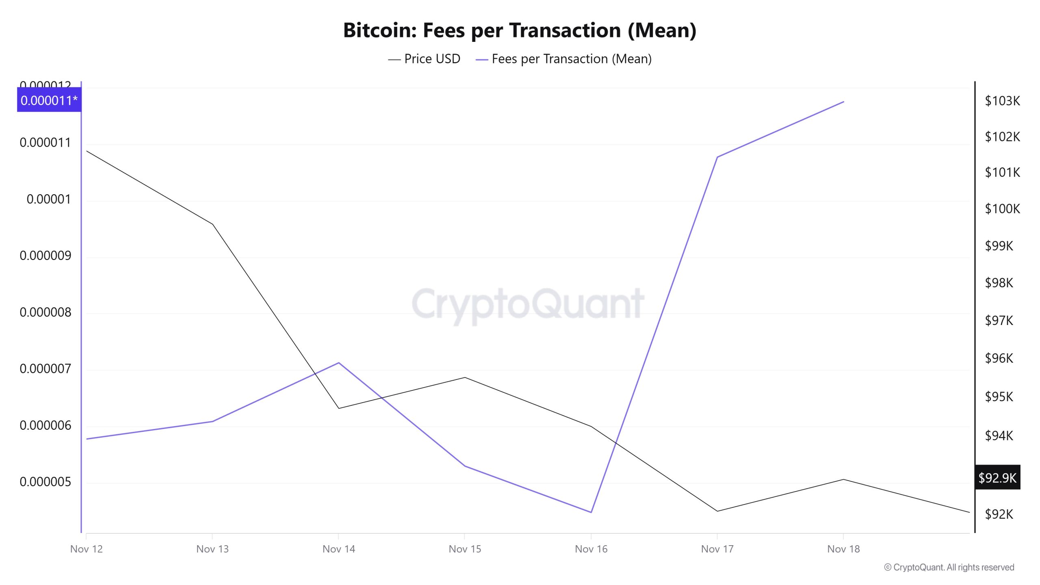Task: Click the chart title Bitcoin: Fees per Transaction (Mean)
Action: point(520,30)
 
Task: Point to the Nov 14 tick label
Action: point(338,549)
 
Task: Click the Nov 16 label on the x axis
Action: point(591,549)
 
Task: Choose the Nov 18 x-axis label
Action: point(843,549)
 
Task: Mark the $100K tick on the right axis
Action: point(1002,209)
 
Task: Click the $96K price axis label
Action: point(999,358)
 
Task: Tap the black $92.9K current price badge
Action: point(997,477)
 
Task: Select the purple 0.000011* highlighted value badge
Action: point(49,100)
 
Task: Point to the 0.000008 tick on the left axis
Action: point(45,312)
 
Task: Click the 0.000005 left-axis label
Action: point(45,482)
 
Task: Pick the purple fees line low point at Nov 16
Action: point(591,512)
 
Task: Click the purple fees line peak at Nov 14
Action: point(338,363)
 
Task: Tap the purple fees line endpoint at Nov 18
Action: point(844,102)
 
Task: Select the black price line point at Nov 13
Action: point(212,224)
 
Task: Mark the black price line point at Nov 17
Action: point(717,511)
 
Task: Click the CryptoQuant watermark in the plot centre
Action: point(528,304)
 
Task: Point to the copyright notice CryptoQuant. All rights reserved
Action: point(949,567)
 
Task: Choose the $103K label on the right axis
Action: point(1002,101)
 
